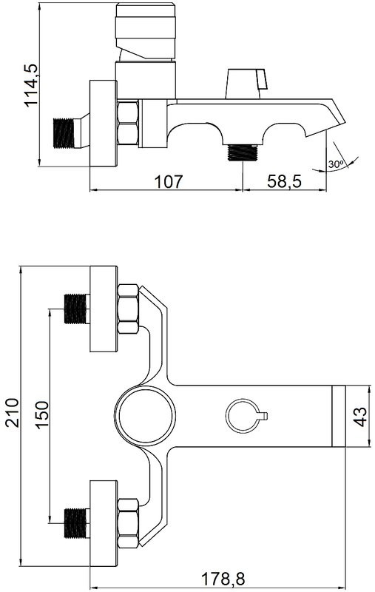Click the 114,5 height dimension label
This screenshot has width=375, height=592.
coord(31,85)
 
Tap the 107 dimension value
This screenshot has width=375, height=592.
coord(168,181)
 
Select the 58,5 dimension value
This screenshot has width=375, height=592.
coord(285,181)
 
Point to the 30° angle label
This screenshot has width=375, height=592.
coord(335,164)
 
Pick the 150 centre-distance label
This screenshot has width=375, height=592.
coord(42,414)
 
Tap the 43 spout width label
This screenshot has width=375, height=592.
coord(361,417)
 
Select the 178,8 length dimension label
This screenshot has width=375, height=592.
coord(223,578)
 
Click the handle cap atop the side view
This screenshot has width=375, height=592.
coord(146,31)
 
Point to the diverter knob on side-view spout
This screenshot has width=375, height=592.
coord(246,84)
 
